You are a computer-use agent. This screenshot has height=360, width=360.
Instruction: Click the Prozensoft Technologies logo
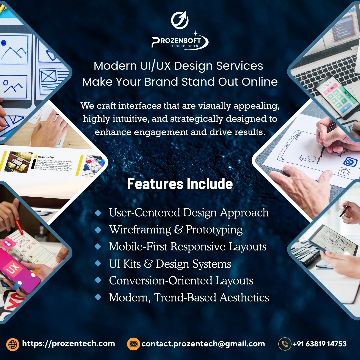click(x=180, y=41)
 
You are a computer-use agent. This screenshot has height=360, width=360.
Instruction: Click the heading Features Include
click(x=180, y=184)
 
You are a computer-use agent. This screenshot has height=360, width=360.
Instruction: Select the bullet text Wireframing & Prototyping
click(x=176, y=230)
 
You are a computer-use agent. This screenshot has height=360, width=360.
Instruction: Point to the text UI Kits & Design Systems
click(x=170, y=264)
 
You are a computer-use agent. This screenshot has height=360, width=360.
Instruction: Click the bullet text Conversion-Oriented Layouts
click(x=181, y=281)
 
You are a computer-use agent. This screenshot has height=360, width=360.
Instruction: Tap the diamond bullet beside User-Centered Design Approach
click(x=98, y=213)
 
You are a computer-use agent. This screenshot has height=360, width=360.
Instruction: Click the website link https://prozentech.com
click(x=68, y=343)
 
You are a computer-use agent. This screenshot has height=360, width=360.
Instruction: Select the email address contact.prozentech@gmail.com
click(x=203, y=344)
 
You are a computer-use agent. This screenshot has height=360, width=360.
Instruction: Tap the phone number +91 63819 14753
click(x=319, y=344)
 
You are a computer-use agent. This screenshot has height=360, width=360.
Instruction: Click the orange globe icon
click(x=13, y=344)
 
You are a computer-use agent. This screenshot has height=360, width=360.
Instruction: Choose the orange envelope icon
click(x=133, y=344)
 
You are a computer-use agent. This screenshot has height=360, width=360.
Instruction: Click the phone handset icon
click(x=285, y=344)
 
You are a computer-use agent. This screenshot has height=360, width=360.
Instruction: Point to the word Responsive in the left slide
click(x=46, y=157)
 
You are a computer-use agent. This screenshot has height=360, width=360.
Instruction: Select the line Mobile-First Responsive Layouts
click(x=188, y=247)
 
